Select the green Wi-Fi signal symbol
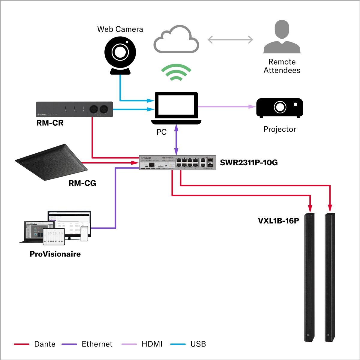click(176, 72)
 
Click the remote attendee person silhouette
click(282, 37)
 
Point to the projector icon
click(279, 108)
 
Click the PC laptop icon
click(176, 108)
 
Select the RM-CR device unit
click(74, 109)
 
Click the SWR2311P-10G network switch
click(177, 163)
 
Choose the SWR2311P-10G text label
click(249, 163)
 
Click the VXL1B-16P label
click(278, 221)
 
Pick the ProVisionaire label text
click(55, 254)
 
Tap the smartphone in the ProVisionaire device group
click(85, 233)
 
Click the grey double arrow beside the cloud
click(230, 40)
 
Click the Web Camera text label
click(120, 29)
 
